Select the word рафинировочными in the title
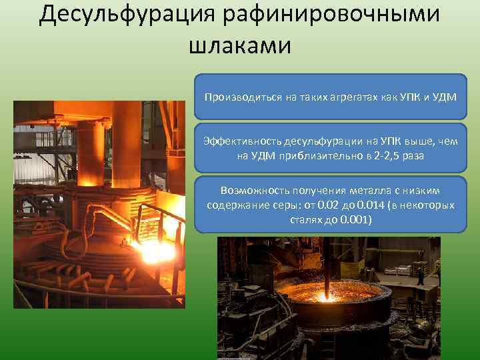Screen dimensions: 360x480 338,15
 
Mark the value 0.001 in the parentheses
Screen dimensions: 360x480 355,219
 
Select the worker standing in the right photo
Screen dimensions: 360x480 421,279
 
